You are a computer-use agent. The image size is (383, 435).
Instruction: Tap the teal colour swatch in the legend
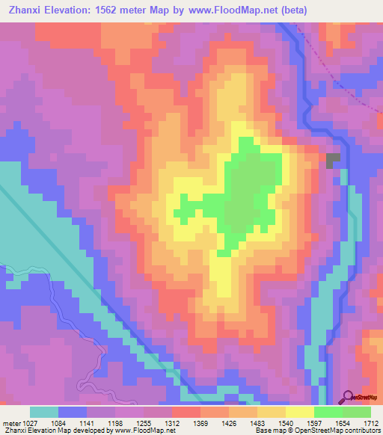pos(44,412)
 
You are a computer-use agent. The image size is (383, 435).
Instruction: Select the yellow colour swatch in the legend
pos(300,412)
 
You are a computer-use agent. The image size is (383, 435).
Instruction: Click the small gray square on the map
pos(333,160)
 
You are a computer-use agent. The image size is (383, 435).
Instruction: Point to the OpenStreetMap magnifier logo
pos(349,397)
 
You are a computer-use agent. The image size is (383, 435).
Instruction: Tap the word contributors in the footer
pos(363,431)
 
